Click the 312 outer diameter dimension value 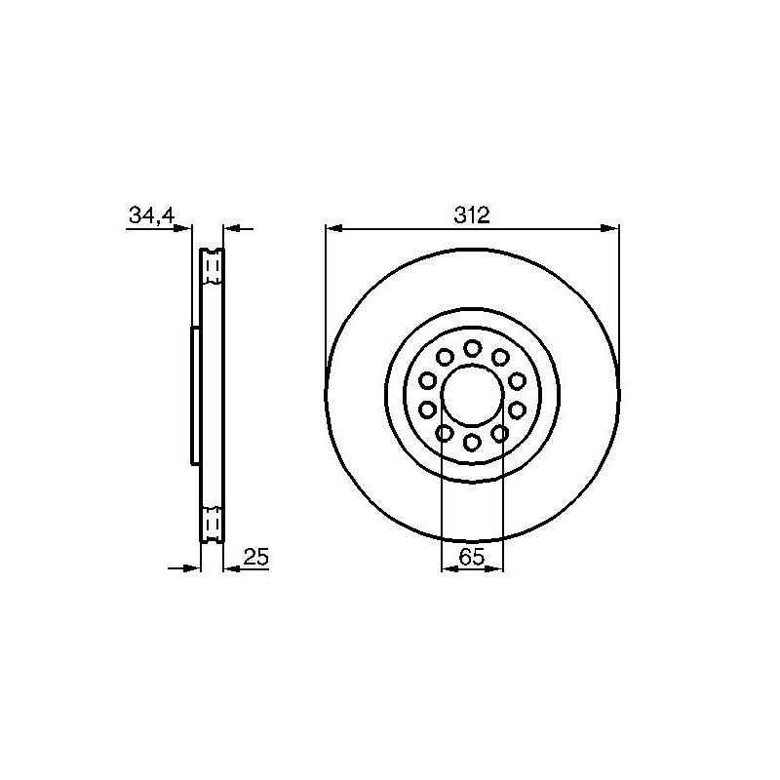coord(472,214)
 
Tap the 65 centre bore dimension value coord(472,557)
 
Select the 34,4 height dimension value coord(152,215)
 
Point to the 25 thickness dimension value coord(256,557)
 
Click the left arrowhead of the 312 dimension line coord(333,228)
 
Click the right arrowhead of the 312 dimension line coord(610,228)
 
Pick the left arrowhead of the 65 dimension coord(449,568)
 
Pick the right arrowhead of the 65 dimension coord(495,568)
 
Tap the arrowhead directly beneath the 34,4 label coord(182,228)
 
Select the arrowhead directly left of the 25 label coord(232,568)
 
